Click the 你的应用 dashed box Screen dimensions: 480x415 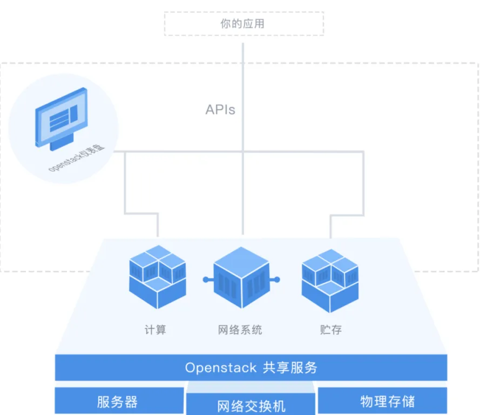[244, 24]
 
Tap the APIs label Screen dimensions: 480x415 [220, 110]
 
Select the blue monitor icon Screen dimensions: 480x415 [62, 119]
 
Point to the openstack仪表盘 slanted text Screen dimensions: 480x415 [77, 158]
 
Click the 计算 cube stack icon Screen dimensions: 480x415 [157, 277]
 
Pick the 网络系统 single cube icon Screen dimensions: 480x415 [241, 277]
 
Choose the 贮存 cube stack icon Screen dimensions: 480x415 [330, 280]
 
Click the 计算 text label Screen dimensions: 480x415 [155, 330]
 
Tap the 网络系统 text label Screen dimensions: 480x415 [240, 330]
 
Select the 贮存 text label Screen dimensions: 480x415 [331, 330]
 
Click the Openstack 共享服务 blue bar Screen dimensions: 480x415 [251, 367]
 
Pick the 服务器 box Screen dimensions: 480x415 [119, 401]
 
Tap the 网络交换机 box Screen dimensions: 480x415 [251, 404]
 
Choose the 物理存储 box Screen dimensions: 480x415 [383, 400]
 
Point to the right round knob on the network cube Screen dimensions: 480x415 [277, 279]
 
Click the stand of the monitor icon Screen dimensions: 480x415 [62, 142]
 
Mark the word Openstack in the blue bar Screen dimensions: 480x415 [221, 367]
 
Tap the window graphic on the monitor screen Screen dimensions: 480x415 [63, 118]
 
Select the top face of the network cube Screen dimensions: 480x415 [241, 262]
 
